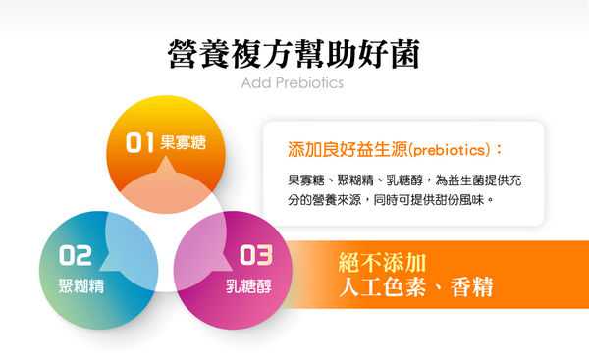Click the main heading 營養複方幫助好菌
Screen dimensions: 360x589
tap(294, 53)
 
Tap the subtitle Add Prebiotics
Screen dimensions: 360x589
tap(293, 83)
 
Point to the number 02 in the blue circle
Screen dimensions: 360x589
tap(76, 257)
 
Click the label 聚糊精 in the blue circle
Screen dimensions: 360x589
tap(77, 288)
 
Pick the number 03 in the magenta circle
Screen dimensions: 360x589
tap(255, 257)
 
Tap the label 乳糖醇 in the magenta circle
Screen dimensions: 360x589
tap(247, 288)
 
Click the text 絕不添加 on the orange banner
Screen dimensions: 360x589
tap(382, 263)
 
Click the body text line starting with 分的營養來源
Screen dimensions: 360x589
tap(389, 200)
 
